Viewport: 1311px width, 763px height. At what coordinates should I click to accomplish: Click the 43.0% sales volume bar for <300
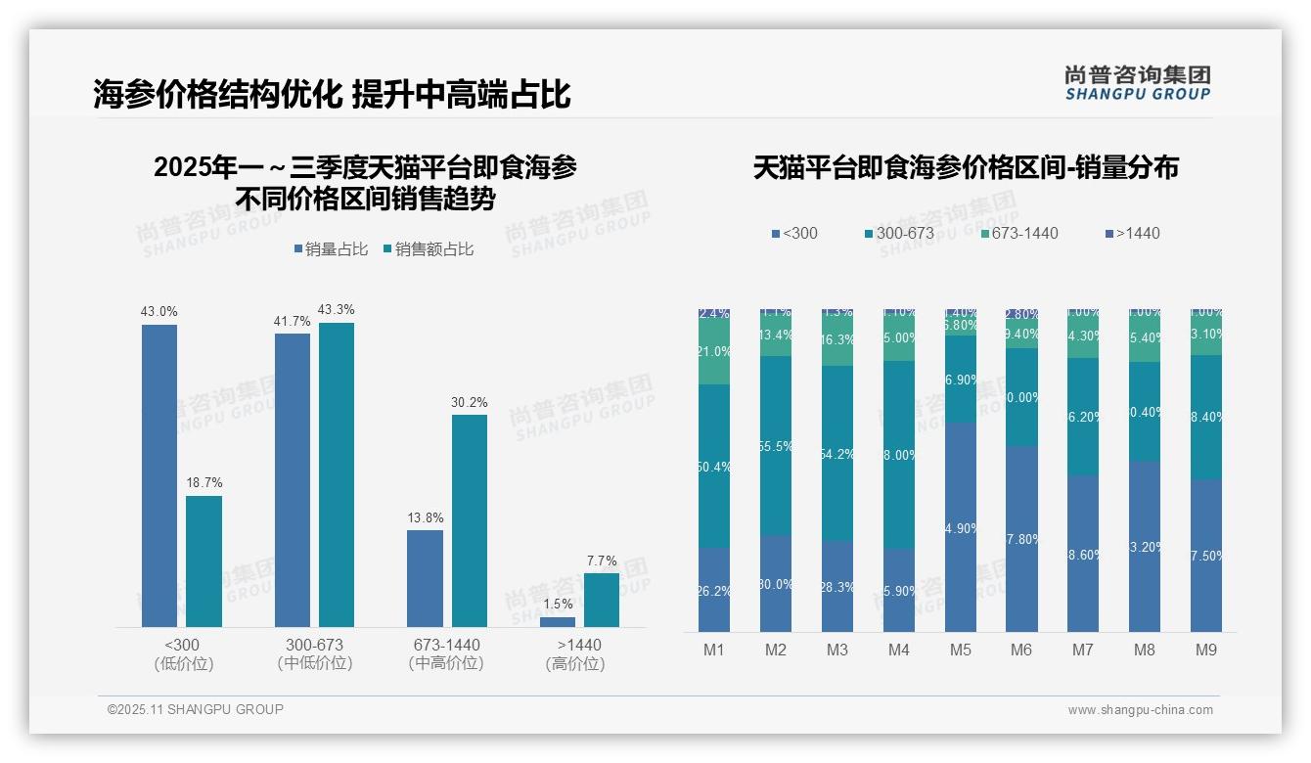159,475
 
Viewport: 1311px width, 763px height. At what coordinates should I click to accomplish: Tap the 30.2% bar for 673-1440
469,520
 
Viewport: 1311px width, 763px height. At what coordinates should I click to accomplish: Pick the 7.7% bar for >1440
601,600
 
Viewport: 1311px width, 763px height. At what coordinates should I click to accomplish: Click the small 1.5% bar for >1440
558,622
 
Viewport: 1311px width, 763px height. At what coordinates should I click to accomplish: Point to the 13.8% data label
425,517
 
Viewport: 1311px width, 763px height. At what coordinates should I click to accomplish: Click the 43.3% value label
336,310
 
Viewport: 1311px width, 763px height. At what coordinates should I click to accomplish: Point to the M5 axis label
960,650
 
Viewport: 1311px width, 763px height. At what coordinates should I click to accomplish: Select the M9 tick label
1205,650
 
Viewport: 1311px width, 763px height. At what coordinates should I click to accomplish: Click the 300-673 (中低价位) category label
314,653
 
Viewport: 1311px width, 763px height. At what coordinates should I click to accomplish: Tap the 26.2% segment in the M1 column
714,590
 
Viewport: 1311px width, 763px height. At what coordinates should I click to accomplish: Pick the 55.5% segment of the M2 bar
775,446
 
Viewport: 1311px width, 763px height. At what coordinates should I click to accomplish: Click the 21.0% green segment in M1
714,352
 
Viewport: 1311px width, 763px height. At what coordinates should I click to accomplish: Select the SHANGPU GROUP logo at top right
1137,82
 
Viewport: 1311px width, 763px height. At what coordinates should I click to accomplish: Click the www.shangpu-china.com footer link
1140,710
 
